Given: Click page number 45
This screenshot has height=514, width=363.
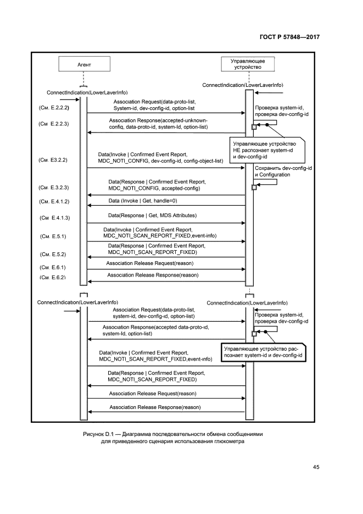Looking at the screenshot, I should tap(316, 467).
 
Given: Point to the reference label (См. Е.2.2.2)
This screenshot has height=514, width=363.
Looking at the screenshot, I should tap(54, 109).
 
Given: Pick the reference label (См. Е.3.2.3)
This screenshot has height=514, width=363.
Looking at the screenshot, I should tap(54, 188).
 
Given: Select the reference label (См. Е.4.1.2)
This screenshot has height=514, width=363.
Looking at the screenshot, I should tap(54, 202).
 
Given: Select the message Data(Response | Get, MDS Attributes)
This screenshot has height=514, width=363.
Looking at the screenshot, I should tap(152, 215).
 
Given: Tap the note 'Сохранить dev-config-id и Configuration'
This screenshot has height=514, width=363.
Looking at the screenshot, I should tap(283, 171).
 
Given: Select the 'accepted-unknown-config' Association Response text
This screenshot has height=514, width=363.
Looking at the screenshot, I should tap(158, 123).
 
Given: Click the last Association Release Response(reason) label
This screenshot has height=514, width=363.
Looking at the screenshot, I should tap(155, 407).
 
